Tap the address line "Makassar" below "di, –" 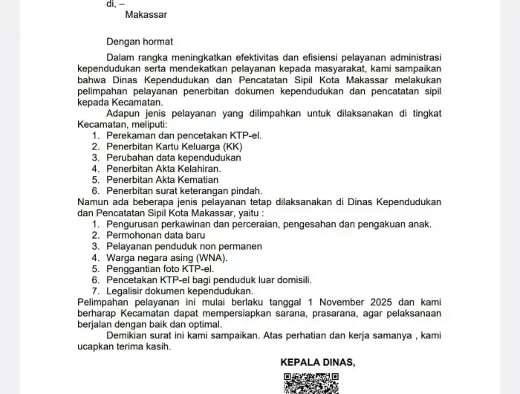click(x=146, y=14)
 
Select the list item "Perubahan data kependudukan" click(x=174, y=158)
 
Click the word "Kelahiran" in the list click(x=199, y=169)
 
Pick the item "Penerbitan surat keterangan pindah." click(x=186, y=191)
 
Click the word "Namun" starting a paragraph click(x=93, y=201)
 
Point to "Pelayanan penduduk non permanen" click(x=183, y=246)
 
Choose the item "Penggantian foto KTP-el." click(x=160, y=268)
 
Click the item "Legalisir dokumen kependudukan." click(x=180, y=291)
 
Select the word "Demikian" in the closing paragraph click(x=129, y=335)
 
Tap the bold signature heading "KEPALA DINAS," click(x=318, y=362)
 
